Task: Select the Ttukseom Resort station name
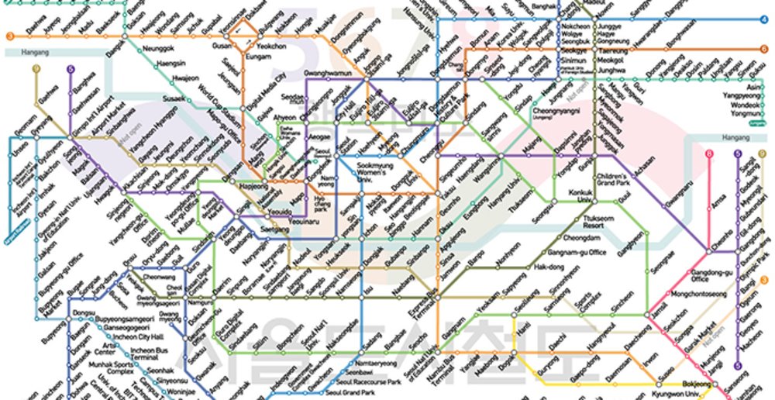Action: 600,222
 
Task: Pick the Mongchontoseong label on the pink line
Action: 697,295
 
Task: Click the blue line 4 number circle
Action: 764,19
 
